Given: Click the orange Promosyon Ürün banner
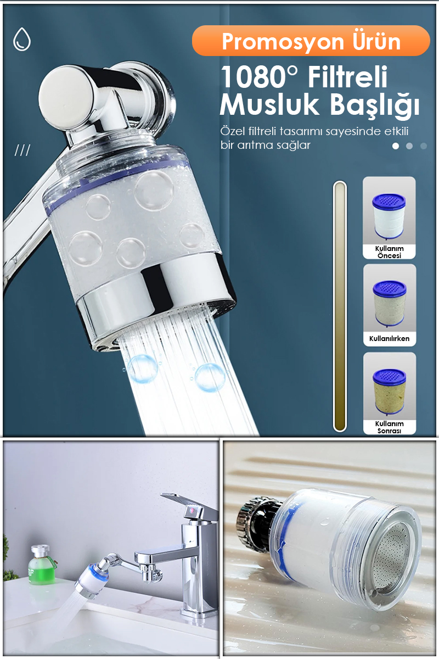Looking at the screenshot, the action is tap(311, 41).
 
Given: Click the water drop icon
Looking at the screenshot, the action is tap(22, 39).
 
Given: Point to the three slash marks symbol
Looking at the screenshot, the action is tap(22, 150).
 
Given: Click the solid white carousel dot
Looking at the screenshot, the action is tap(396, 146).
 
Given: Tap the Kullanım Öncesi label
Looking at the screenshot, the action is tap(389, 252).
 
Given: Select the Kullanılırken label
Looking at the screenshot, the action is tap(389, 339).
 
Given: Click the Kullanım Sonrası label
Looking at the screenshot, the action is tap(389, 427).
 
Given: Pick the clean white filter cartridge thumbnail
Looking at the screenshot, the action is tap(389, 216).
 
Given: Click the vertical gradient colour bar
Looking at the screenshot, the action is tap(340, 306).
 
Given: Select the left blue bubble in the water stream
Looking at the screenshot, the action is tap(142, 368).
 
